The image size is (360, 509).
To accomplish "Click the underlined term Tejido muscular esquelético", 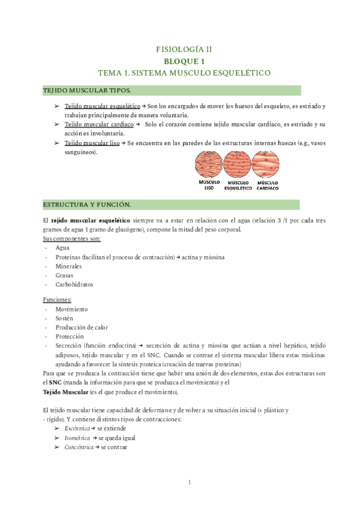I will (x=103, y=106).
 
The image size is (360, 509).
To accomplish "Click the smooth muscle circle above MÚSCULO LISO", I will (x=208, y=163).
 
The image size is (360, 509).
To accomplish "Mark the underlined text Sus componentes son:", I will (x=71, y=238).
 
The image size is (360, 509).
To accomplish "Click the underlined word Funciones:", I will (x=58, y=300).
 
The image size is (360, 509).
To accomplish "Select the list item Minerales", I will (x=69, y=266).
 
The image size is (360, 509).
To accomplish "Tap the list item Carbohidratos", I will (x=74, y=285).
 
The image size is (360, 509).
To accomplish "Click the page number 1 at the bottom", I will (x=189, y=482).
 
